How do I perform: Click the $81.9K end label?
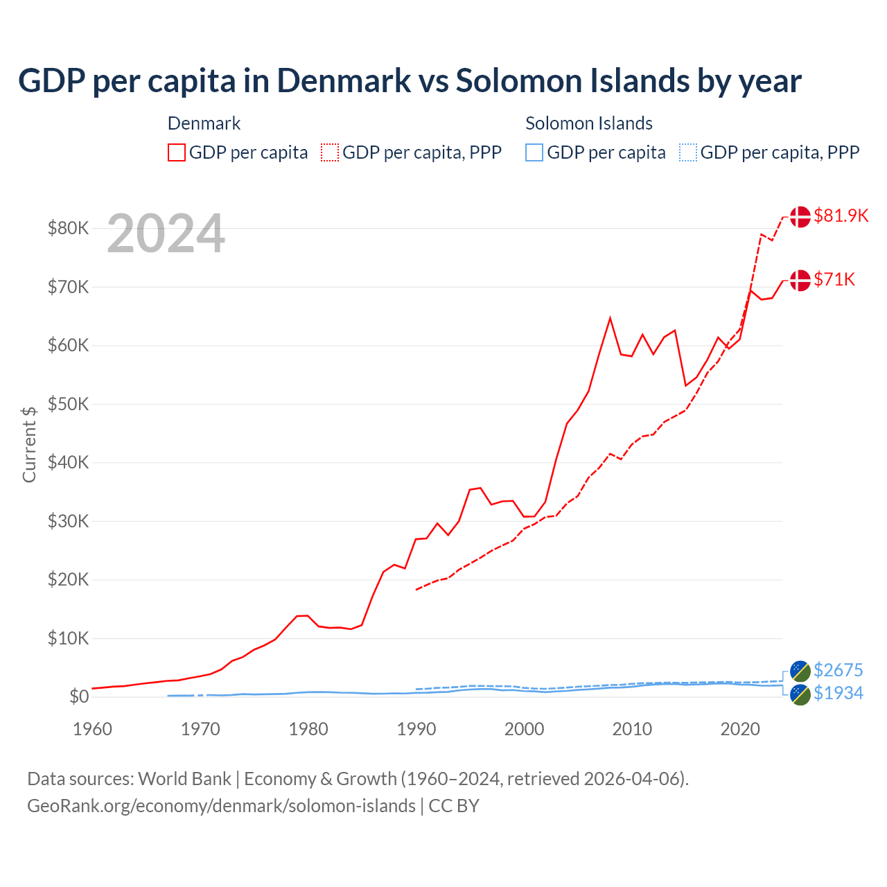click(841, 216)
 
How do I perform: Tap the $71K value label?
click(834, 279)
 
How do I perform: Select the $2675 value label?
click(838, 670)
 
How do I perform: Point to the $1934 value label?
click(838, 693)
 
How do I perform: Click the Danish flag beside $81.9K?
click(800, 216)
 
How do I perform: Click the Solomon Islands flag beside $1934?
click(800, 694)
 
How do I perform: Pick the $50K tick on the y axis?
click(68, 404)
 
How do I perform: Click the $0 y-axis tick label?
click(78, 696)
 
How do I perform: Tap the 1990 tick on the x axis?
click(416, 729)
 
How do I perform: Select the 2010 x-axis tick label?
click(632, 729)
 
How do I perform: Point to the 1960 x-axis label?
click(92, 729)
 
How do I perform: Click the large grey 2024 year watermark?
click(166, 234)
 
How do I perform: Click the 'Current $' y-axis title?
click(29, 444)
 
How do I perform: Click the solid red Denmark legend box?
click(177, 152)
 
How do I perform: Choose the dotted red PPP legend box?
click(330, 152)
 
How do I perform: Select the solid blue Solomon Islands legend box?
click(534, 152)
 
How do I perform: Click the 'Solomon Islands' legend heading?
click(588, 123)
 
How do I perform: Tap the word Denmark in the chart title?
click(344, 80)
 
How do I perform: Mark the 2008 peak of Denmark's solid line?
click(610, 318)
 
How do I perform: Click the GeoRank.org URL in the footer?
click(221, 806)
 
